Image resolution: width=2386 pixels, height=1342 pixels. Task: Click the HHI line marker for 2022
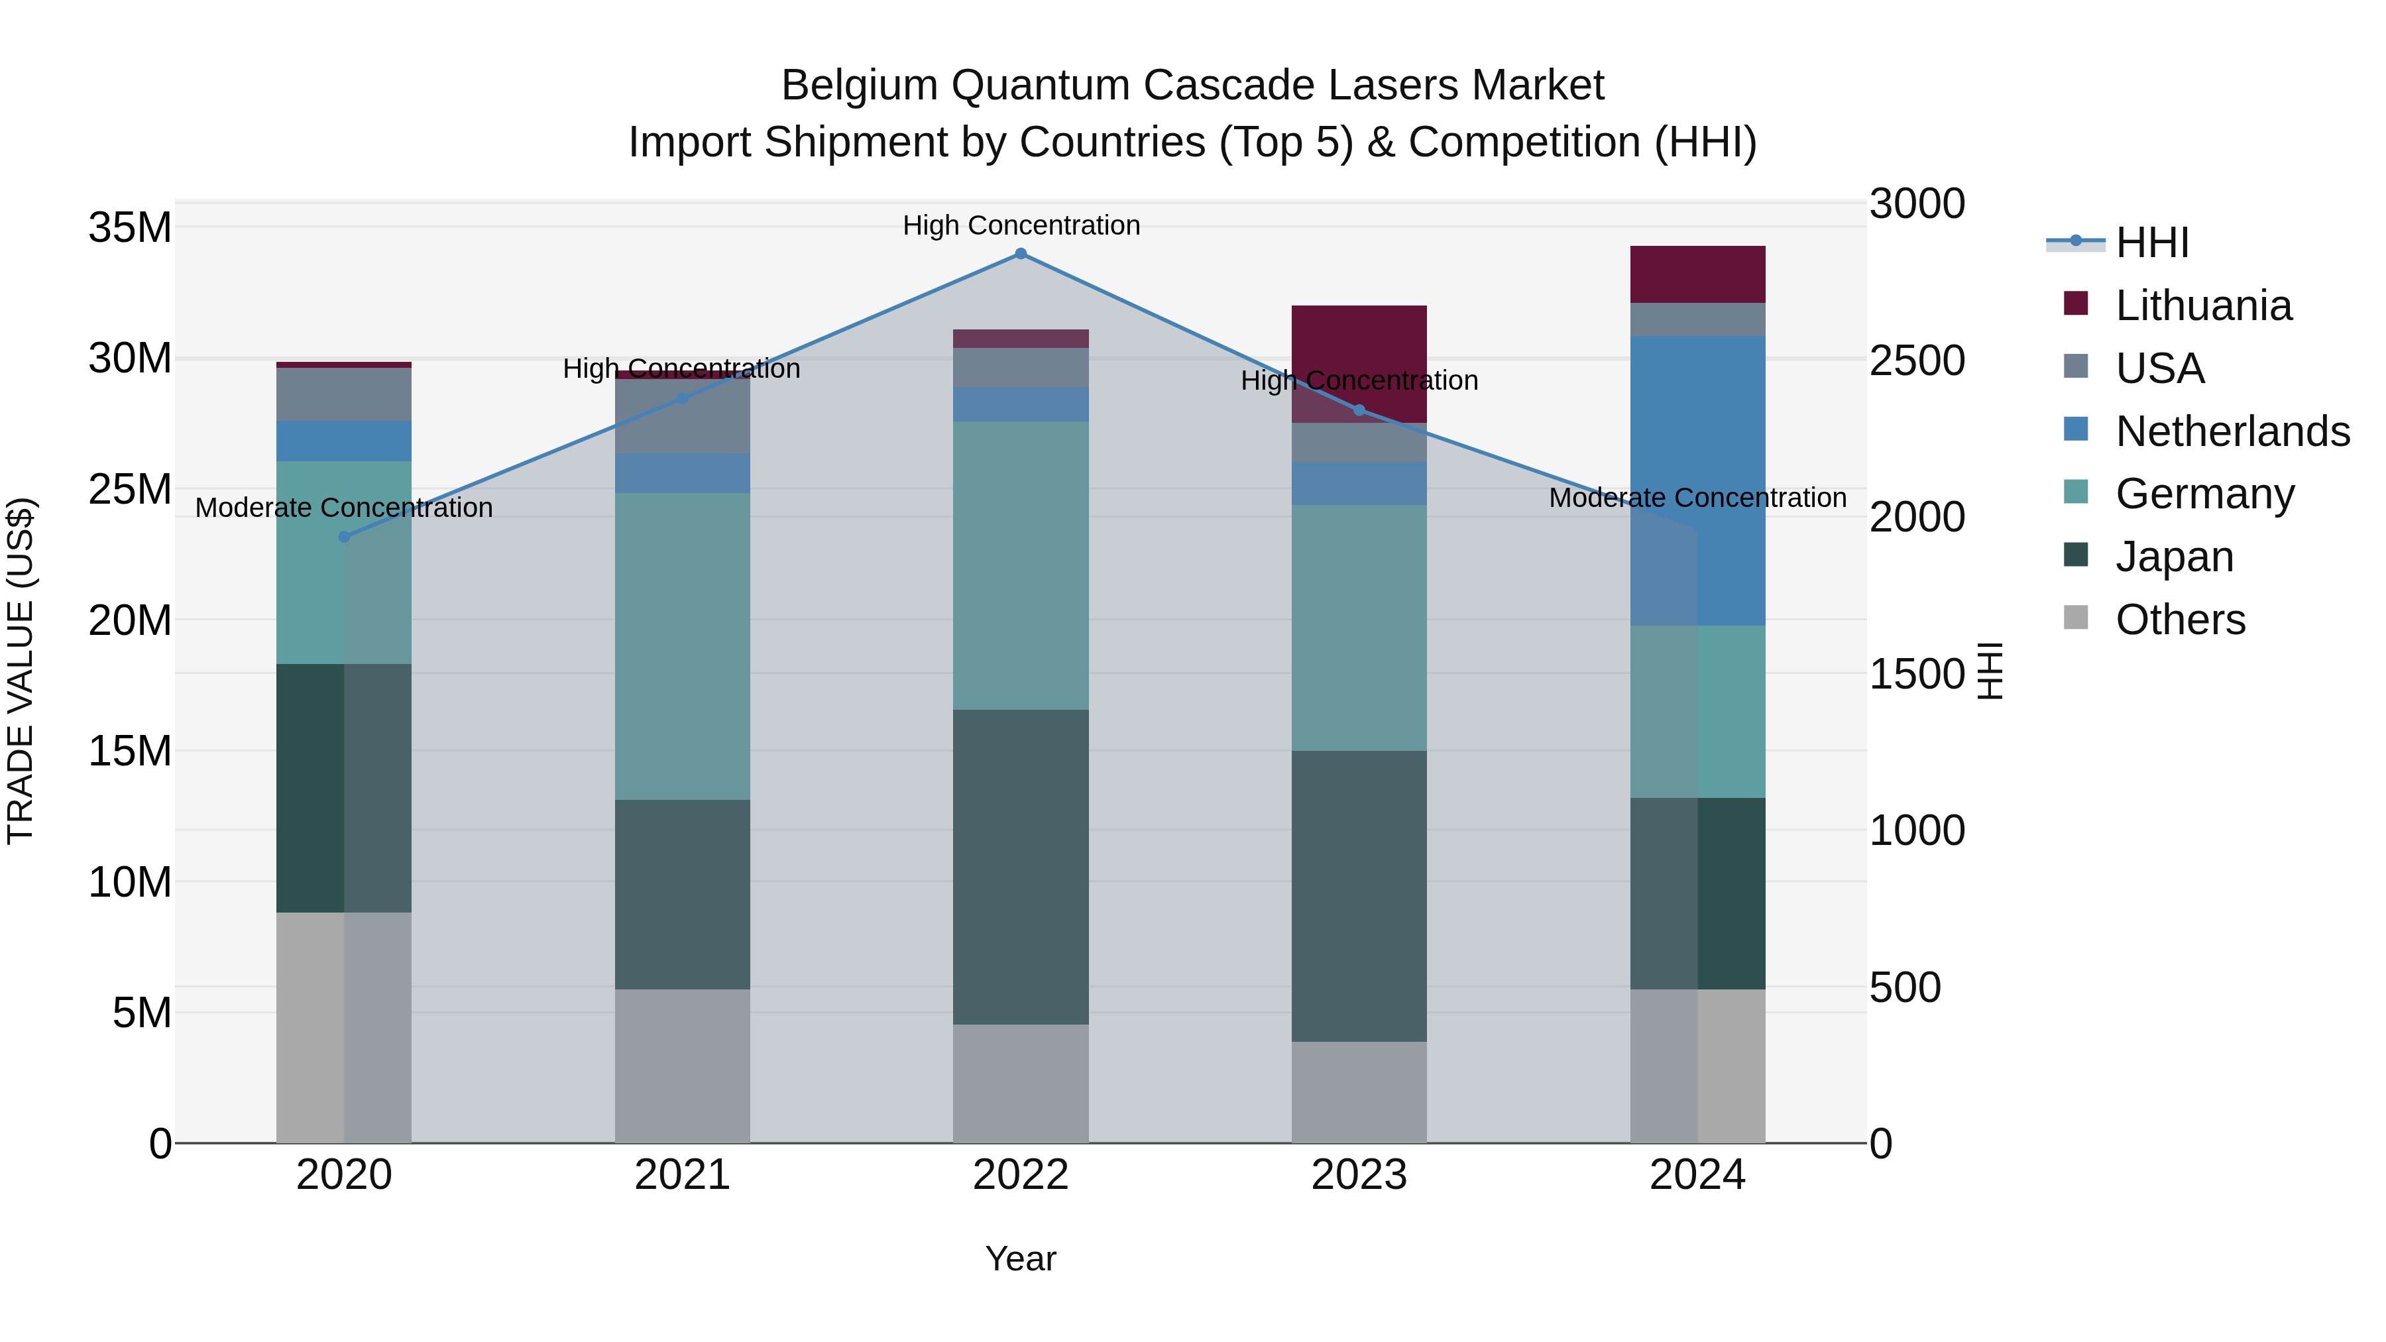click(x=1021, y=254)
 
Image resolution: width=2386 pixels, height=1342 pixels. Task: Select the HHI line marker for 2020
click(x=345, y=536)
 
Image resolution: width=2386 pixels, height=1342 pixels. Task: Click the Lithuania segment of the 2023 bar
click(x=1359, y=343)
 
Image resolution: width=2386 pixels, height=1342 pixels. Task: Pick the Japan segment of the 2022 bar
click(x=1021, y=867)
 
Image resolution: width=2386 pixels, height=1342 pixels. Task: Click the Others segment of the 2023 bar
click(x=1359, y=1092)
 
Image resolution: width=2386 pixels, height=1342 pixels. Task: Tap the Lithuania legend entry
click(x=2202, y=306)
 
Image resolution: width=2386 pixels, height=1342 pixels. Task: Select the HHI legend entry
click(x=2151, y=243)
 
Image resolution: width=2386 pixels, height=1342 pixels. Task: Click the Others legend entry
click(x=2179, y=620)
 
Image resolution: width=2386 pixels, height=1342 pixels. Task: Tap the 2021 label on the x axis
click(x=683, y=1175)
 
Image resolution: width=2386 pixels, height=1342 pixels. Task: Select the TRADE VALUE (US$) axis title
click(x=21, y=671)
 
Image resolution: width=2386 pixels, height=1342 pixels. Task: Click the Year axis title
click(x=1021, y=1258)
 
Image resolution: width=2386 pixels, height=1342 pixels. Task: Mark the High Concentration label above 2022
click(x=1021, y=225)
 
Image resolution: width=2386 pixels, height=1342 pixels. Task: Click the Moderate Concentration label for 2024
click(x=1697, y=498)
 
